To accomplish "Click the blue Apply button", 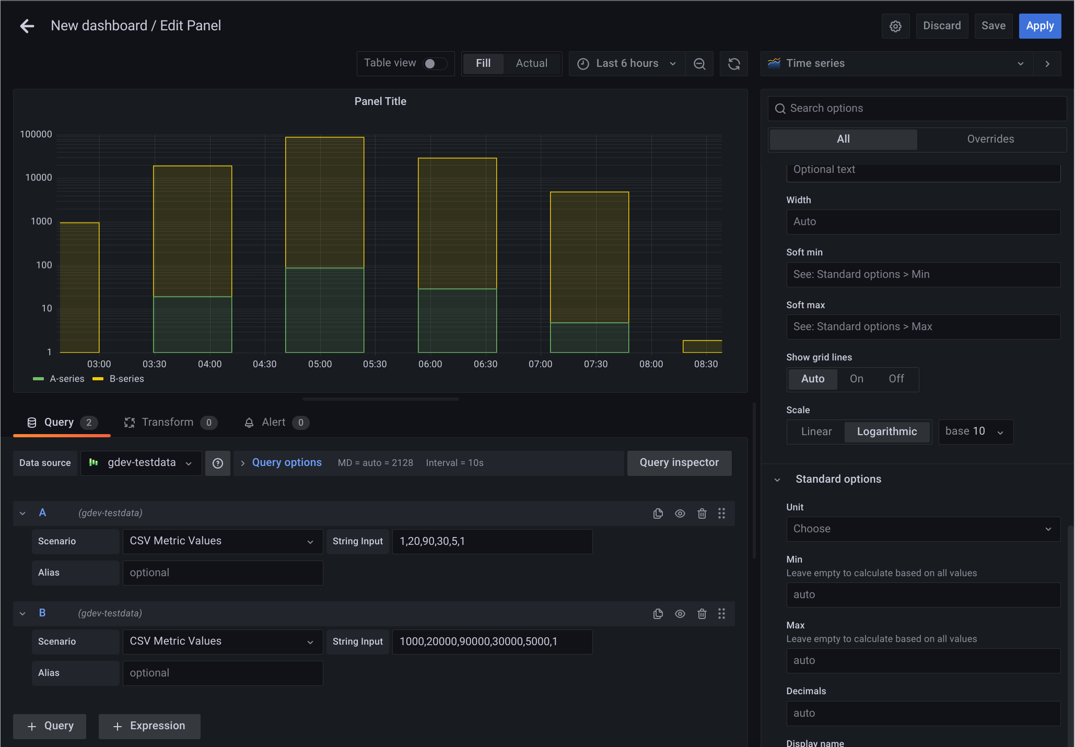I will coord(1039,26).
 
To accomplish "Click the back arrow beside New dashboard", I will coord(27,26).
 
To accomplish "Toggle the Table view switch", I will coord(435,64).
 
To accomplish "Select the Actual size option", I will coord(531,64).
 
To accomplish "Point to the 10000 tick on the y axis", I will coord(39,178).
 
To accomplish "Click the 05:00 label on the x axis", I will coord(320,364).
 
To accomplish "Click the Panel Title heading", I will coord(380,101).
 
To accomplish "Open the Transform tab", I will coord(167,422).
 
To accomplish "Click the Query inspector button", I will coord(679,463).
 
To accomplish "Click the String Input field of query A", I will coord(492,542).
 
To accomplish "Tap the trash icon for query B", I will coord(702,614).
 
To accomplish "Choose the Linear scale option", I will coord(816,431).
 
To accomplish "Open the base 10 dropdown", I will coord(975,431).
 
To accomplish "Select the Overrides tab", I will coord(990,139).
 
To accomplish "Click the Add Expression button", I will coord(149,726).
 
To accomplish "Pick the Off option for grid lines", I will coord(896,379).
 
